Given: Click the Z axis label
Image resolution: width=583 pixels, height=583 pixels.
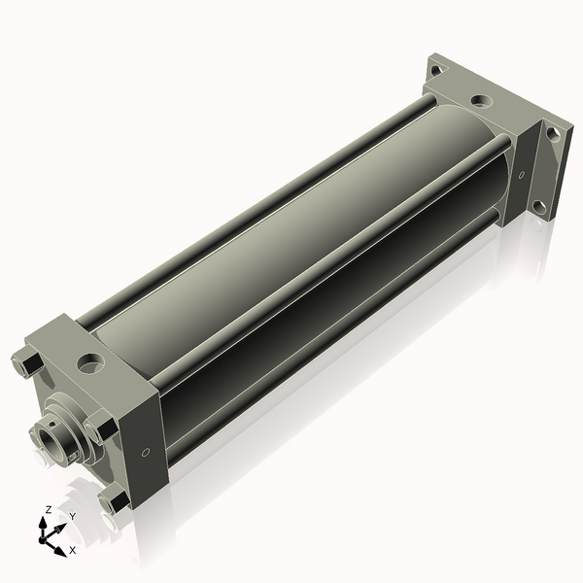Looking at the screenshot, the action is pos(48,509).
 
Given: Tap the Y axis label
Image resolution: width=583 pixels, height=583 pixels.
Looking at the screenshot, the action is pos(73,516).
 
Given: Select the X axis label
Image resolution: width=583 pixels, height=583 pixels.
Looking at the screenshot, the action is pos(73,550).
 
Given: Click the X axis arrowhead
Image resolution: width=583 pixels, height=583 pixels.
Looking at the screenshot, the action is pos(60,551).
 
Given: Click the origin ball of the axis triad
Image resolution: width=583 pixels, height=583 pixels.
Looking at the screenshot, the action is pos(42,539).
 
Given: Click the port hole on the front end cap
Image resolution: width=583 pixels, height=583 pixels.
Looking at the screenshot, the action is pos(90,363).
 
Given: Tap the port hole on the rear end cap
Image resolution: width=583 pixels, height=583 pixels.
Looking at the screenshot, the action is pos(482,100).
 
